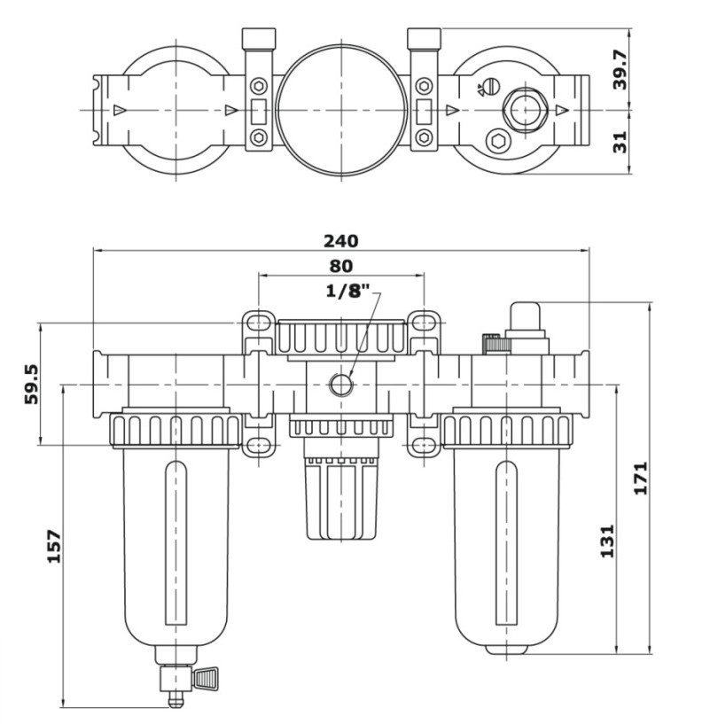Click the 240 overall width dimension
click(340, 240)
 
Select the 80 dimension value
click(340, 265)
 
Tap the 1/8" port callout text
click(347, 292)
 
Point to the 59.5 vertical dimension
click(30, 382)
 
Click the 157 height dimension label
click(52, 547)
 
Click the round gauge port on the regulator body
click(339, 385)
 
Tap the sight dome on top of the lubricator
click(527, 317)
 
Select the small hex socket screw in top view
click(497, 139)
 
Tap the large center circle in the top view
click(340, 110)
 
